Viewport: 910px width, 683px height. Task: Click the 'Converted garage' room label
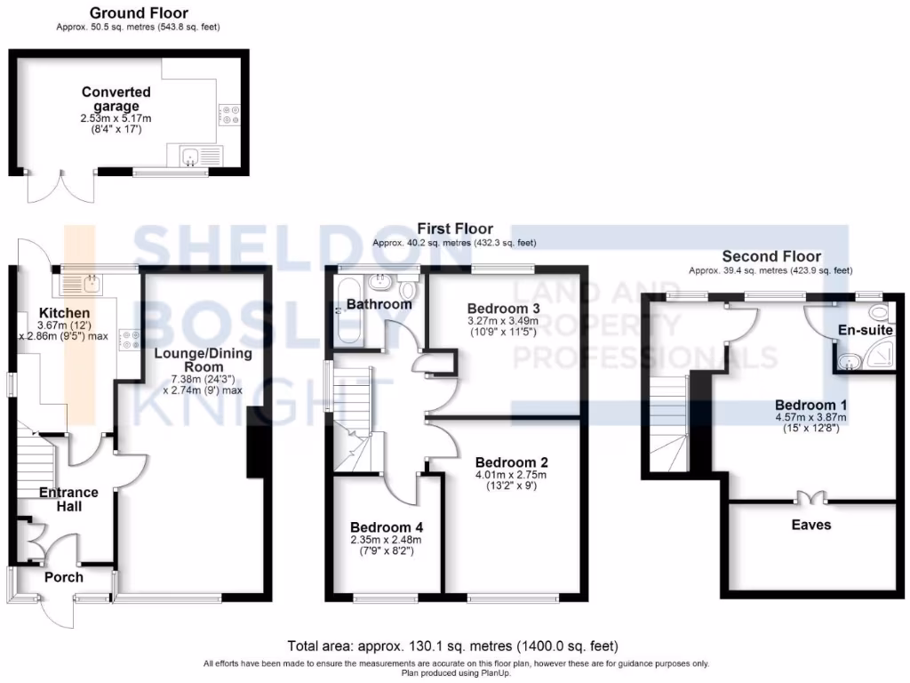pyautogui.click(x=116, y=99)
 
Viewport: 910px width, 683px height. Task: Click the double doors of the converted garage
pyautogui.click(x=51, y=184)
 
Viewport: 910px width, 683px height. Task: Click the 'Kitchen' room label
pyautogui.click(x=64, y=313)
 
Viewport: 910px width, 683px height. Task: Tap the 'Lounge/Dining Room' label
pyautogui.click(x=204, y=359)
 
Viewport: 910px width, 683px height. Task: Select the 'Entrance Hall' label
pyautogui.click(x=68, y=499)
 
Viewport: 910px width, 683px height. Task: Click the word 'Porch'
pyautogui.click(x=64, y=577)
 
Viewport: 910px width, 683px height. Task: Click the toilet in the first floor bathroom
pyautogui.click(x=409, y=289)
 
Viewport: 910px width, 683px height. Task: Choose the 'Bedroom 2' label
pyautogui.click(x=511, y=462)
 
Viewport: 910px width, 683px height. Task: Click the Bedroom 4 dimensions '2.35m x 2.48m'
pyautogui.click(x=385, y=539)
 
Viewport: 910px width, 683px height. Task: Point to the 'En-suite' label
pyautogui.click(x=866, y=330)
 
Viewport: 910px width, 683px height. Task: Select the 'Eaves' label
pyautogui.click(x=811, y=525)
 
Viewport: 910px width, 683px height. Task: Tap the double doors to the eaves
pyautogui.click(x=810, y=496)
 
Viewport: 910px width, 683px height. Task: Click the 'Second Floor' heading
pyautogui.click(x=770, y=256)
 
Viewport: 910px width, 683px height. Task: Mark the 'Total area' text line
pyautogui.click(x=453, y=646)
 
